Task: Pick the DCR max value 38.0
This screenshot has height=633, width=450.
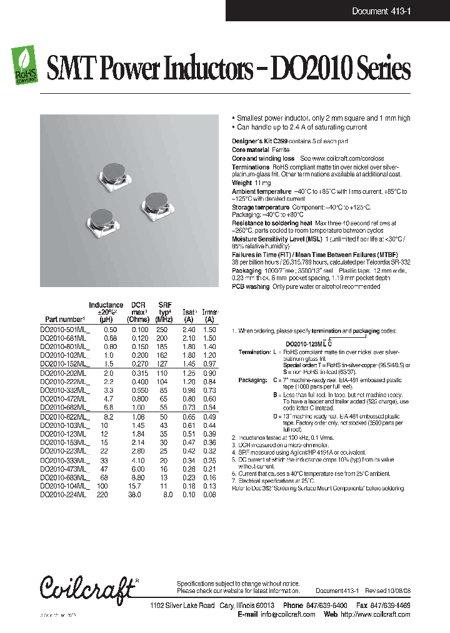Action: tap(134, 494)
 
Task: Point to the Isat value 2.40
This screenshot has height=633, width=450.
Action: tap(188, 329)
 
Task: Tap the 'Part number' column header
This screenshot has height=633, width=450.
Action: tap(64, 319)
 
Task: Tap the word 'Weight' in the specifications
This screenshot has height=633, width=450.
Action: tap(242, 183)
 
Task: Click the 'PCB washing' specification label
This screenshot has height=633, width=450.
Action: tap(251, 286)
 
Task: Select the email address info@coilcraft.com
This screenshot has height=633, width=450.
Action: tap(287, 614)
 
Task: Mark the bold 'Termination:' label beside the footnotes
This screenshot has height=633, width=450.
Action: tap(254, 353)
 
